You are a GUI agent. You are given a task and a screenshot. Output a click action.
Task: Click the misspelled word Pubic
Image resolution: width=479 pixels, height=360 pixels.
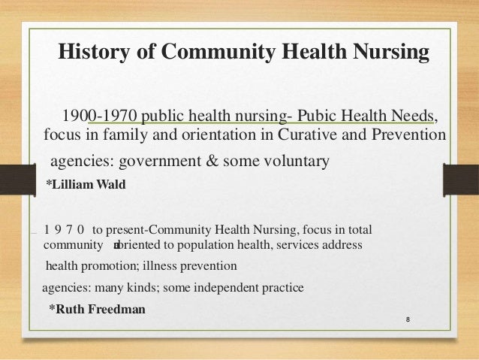coord(318,116)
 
